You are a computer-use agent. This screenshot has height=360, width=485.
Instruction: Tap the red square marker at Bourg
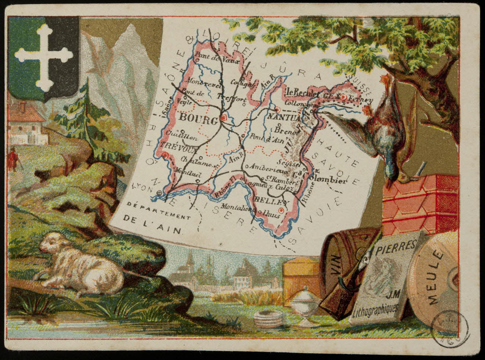tap(224, 118)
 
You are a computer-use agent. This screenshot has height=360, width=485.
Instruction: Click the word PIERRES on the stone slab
tap(396, 250)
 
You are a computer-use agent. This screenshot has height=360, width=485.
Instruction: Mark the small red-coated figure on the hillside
tap(13, 159)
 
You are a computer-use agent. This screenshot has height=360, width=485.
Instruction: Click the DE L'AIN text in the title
tap(153, 230)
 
